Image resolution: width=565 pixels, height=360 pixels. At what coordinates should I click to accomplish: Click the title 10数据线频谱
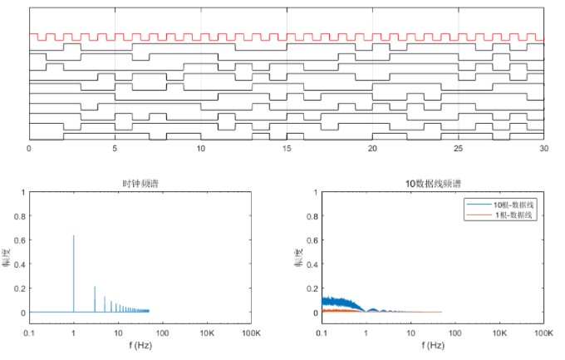[433, 184]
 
